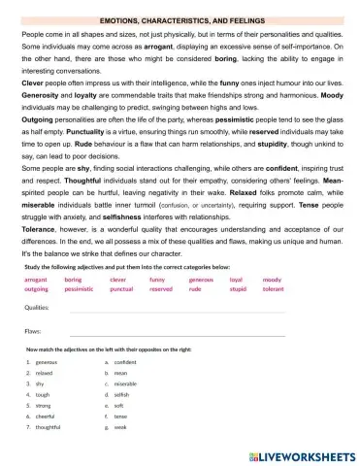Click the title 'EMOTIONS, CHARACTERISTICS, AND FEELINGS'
tap(180, 19)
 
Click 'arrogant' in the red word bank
tap(35, 279)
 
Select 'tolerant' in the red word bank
tap(273, 288)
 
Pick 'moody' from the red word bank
tap(272, 279)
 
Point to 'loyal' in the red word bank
tap(235, 279)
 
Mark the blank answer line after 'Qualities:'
tap(175, 311)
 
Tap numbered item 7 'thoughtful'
tap(49, 426)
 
